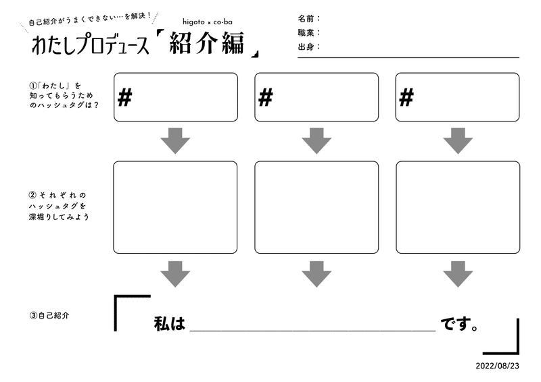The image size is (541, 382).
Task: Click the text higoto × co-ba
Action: [208, 22]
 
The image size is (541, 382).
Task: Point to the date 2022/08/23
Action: [497, 366]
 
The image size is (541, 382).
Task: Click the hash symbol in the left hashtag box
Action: [125, 97]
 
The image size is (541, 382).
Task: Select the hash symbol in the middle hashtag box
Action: [266, 97]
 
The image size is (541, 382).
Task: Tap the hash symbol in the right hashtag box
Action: [406, 97]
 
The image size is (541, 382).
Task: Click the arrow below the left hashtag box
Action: [175, 141]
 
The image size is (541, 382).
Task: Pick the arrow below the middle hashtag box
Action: [316, 141]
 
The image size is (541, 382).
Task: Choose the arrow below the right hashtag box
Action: [458, 141]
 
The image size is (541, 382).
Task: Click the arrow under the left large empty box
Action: [175, 274]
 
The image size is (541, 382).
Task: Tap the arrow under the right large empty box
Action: [458, 274]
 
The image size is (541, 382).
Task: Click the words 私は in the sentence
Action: [170, 323]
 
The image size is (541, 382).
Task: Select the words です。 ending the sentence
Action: [459, 324]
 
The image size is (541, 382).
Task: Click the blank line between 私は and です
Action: [312, 331]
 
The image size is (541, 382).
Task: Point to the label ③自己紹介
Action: [49, 315]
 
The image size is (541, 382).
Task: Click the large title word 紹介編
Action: [207, 43]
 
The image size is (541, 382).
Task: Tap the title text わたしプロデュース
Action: [91, 45]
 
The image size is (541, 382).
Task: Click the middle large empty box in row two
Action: [316, 207]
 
